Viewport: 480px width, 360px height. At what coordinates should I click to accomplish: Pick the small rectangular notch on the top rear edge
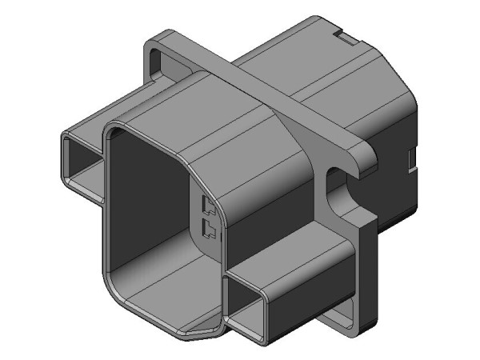coord(343,37)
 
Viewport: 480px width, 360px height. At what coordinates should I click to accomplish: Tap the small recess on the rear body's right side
coord(411,159)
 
